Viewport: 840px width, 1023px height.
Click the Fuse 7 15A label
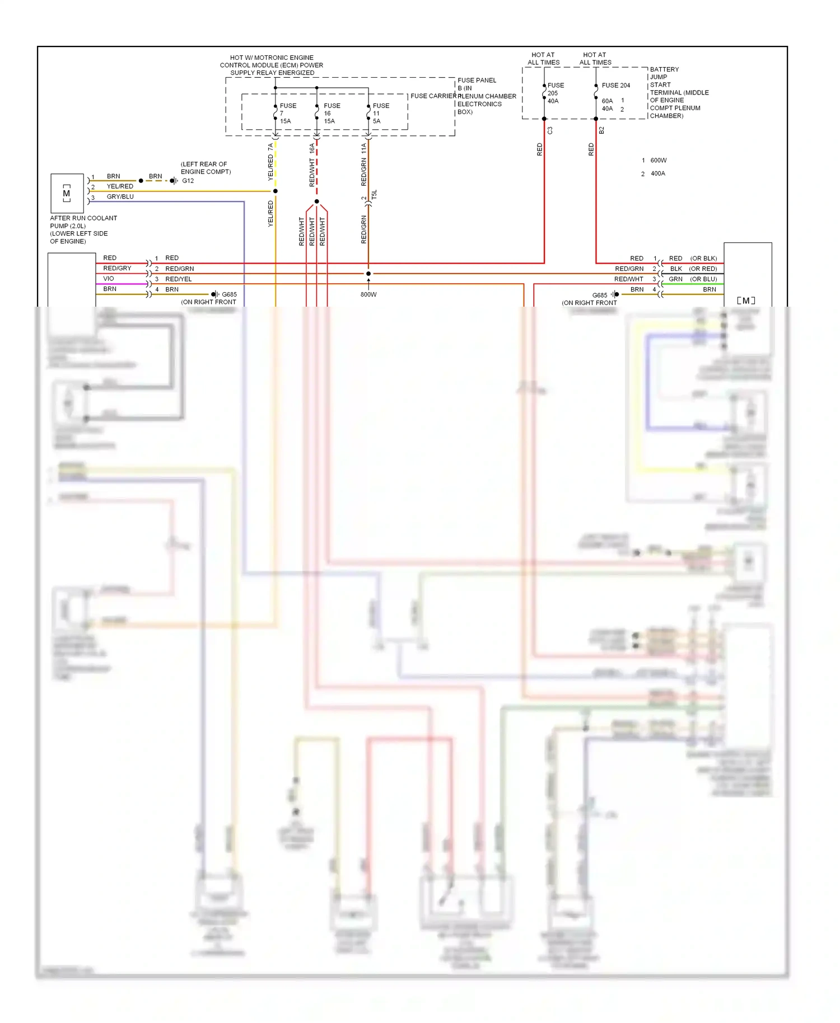tap(287, 113)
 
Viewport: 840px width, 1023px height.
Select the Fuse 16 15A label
tap(331, 113)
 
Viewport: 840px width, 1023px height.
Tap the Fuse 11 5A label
tap(380, 113)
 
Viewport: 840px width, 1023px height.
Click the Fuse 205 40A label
tap(555, 93)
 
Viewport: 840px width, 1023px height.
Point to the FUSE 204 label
tap(615, 85)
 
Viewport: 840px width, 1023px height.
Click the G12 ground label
tap(188, 181)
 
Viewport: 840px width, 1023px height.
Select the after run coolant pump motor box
tap(67, 193)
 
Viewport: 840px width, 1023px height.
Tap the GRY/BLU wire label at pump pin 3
tap(120, 197)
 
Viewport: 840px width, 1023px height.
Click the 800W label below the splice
tap(368, 294)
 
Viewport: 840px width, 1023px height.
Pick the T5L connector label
tap(374, 194)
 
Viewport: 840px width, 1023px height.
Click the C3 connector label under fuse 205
tap(550, 130)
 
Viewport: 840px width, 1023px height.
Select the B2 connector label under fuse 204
tap(601, 130)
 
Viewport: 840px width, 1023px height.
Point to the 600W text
tap(658, 161)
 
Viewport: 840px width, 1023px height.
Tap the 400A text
tap(657, 174)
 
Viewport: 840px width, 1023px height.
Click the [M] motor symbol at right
tap(746, 301)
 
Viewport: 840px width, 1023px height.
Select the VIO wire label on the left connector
tap(108, 279)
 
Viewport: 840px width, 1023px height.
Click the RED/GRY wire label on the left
tap(117, 269)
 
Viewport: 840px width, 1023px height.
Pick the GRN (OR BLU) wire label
tap(692, 279)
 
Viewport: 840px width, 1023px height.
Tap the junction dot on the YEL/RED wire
tap(275, 191)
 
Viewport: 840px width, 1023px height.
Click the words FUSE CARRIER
tap(432, 96)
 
